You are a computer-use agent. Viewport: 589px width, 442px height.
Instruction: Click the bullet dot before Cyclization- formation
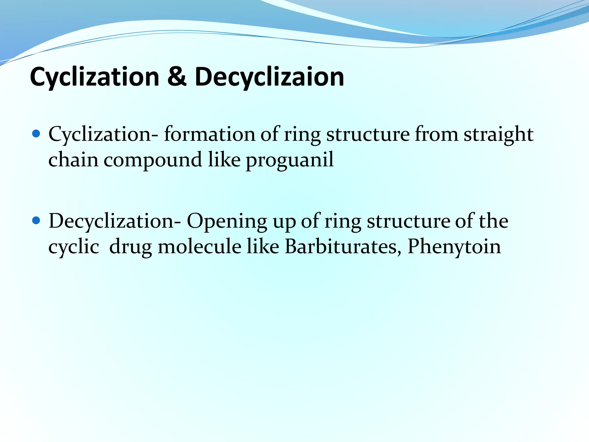(x=36, y=134)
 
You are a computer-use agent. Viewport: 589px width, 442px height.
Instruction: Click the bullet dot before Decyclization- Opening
(x=36, y=221)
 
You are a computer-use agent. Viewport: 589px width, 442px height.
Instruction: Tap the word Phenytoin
(x=454, y=247)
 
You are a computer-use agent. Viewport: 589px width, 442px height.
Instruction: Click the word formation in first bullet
(x=209, y=134)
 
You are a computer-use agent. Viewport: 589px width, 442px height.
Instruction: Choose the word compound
(x=153, y=160)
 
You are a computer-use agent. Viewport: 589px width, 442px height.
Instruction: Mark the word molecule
(x=200, y=247)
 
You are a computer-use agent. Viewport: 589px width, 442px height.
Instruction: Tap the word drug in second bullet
(x=131, y=247)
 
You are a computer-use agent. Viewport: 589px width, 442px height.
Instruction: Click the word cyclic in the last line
(x=74, y=247)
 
